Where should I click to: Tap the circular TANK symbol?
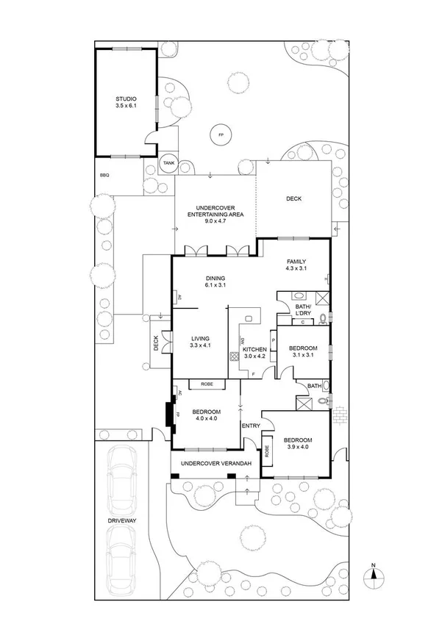[168, 163]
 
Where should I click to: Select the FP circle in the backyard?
[219, 135]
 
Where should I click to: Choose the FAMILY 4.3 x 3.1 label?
[295, 265]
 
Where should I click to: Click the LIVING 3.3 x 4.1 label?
[200, 341]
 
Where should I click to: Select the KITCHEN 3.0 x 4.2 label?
[254, 352]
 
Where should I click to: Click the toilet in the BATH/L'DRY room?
[322, 318]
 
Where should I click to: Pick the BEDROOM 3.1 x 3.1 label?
[302, 351]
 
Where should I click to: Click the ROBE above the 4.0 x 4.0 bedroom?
[201, 384]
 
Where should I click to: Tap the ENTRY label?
[251, 426]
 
